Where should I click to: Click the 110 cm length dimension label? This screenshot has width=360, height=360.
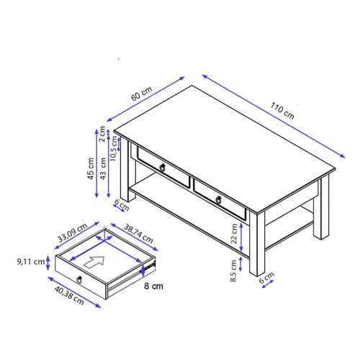click(x=282, y=109)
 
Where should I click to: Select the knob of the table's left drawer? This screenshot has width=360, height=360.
click(x=164, y=168)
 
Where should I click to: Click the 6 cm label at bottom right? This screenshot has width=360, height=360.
click(x=266, y=276)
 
